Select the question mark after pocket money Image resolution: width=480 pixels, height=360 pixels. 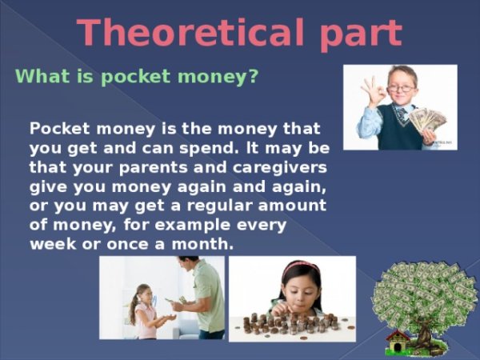(253, 77)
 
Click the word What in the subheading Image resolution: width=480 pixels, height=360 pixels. (41, 77)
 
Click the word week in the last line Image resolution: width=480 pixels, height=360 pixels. (50, 242)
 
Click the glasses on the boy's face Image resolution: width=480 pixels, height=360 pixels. (402, 87)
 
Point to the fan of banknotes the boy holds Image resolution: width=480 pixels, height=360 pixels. (428, 120)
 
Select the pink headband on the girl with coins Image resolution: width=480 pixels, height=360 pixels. (298, 266)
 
